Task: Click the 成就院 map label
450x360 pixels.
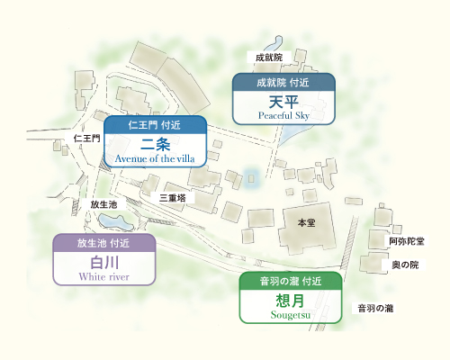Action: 269,58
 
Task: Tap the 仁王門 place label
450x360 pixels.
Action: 87,138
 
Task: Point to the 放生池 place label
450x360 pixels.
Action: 103,205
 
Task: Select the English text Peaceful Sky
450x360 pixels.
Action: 283,116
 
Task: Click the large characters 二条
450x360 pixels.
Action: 156,144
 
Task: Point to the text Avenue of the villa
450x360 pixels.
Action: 156,158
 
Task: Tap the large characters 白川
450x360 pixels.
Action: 104,263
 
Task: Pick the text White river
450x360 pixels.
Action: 104,277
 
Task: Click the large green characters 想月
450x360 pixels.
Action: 290,300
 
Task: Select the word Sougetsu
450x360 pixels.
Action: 290,314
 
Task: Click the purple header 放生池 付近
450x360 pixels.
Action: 104,243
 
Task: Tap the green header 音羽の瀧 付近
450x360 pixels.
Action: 290,281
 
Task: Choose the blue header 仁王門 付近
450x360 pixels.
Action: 156,125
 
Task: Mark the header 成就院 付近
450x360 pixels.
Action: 283,83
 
